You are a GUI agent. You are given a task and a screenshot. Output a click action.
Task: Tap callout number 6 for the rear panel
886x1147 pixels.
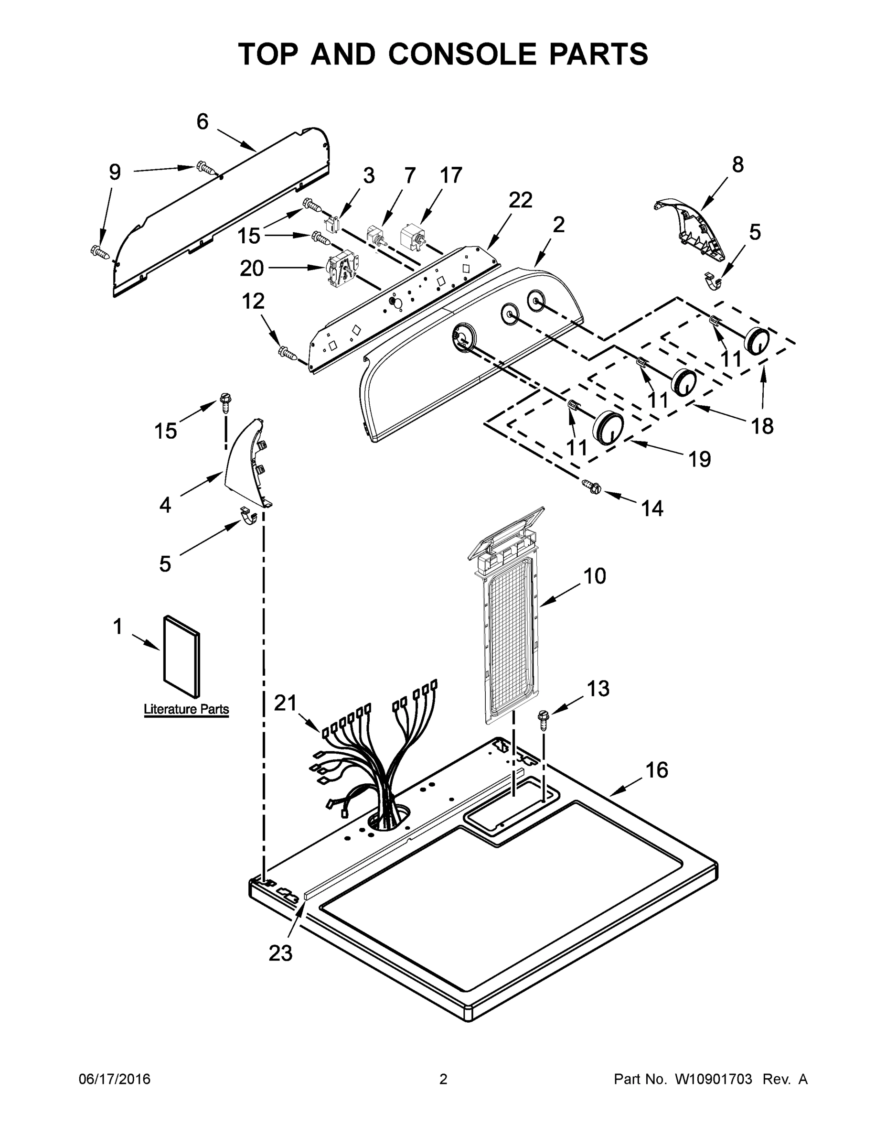pyautogui.click(x=203, y=122)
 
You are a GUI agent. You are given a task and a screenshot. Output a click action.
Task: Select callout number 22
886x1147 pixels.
pyautogui.click(x=520, y=200)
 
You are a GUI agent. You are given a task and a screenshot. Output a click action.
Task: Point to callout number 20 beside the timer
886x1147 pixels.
pyautogui.click(x=251, y=269)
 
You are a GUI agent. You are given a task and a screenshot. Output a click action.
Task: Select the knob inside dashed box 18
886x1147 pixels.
pyautogui.click(x=684, y=382)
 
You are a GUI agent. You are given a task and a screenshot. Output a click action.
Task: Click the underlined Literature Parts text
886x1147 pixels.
pyautogui.click(x=186, y=709)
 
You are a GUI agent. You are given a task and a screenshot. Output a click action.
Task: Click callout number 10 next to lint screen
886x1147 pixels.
pyautogui.click(x=595, y=576)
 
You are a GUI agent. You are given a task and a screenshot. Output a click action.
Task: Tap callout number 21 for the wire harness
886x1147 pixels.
pyautogui.click(x=286, y=703)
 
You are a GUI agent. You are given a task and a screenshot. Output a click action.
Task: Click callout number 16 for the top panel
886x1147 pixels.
pyautogui.click(x=657, y=770)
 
